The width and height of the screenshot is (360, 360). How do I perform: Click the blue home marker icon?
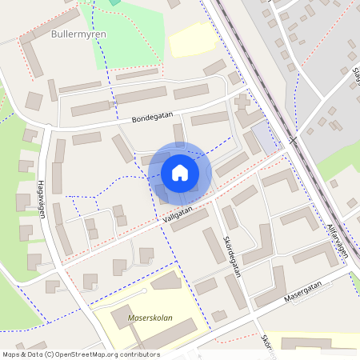pyautogui.click(x=180, y=173)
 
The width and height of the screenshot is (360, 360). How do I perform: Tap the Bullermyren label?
pyautogui.click(x=73, y=35)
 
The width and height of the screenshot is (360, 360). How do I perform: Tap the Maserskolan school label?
pyautogui.click(x=150, y=318)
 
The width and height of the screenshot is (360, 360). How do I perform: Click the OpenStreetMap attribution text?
pyautogui.click(x=80, y=354)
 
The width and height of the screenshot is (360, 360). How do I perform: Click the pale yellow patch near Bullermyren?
pyautogui.click(x=191, y=39)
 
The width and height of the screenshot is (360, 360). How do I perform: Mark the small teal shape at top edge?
pyautogui.click(x=114, y=2)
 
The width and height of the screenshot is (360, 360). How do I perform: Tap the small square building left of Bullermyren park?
pyautogui.click(x=34, y=101)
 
